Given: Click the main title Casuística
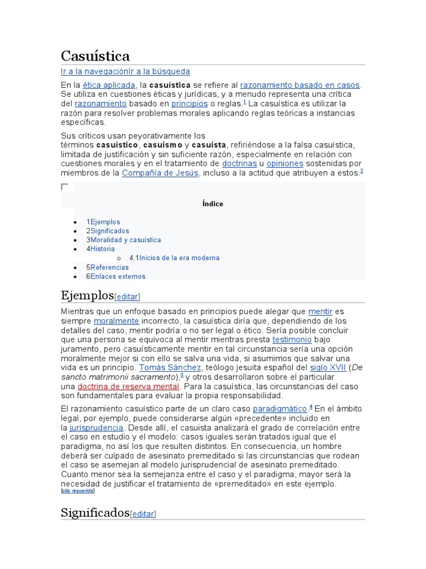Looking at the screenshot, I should click(95, 56).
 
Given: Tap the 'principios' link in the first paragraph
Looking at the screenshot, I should click(189, 104).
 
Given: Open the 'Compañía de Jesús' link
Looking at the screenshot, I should click(160, 173).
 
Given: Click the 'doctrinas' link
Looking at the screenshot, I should click(239, 164).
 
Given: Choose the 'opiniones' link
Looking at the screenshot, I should click(285, 164).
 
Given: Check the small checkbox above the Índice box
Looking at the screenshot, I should click(65, 187).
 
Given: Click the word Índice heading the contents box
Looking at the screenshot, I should click(213, 204).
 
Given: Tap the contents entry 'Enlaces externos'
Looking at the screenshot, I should click(118, 276).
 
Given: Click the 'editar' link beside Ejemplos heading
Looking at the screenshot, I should click(127, 296).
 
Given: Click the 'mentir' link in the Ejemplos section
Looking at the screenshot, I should click(319, 312).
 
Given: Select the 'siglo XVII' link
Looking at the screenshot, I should click(328, 368).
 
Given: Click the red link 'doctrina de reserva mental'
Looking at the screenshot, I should click(128, 386).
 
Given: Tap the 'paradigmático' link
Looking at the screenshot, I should click(280, 409).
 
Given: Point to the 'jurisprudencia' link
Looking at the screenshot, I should click(97, 428).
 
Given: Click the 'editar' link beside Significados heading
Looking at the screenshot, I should click(143, 514).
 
